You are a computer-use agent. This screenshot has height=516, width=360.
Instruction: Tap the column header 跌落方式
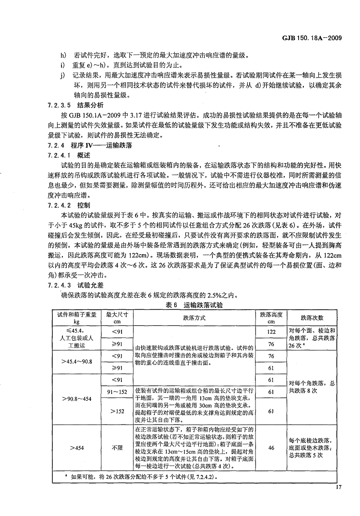point(194,318)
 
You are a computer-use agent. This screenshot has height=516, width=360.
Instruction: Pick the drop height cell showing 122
point(271,332)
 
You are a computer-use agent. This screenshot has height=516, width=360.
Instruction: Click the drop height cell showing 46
point(271,448)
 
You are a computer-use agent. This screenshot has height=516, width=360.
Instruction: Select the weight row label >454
point(77,448)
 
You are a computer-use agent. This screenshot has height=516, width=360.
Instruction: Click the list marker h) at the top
point(62,55)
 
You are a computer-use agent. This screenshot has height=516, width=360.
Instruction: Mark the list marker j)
point(62,76)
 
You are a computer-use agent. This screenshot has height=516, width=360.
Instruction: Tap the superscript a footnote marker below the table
point(65,476)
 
